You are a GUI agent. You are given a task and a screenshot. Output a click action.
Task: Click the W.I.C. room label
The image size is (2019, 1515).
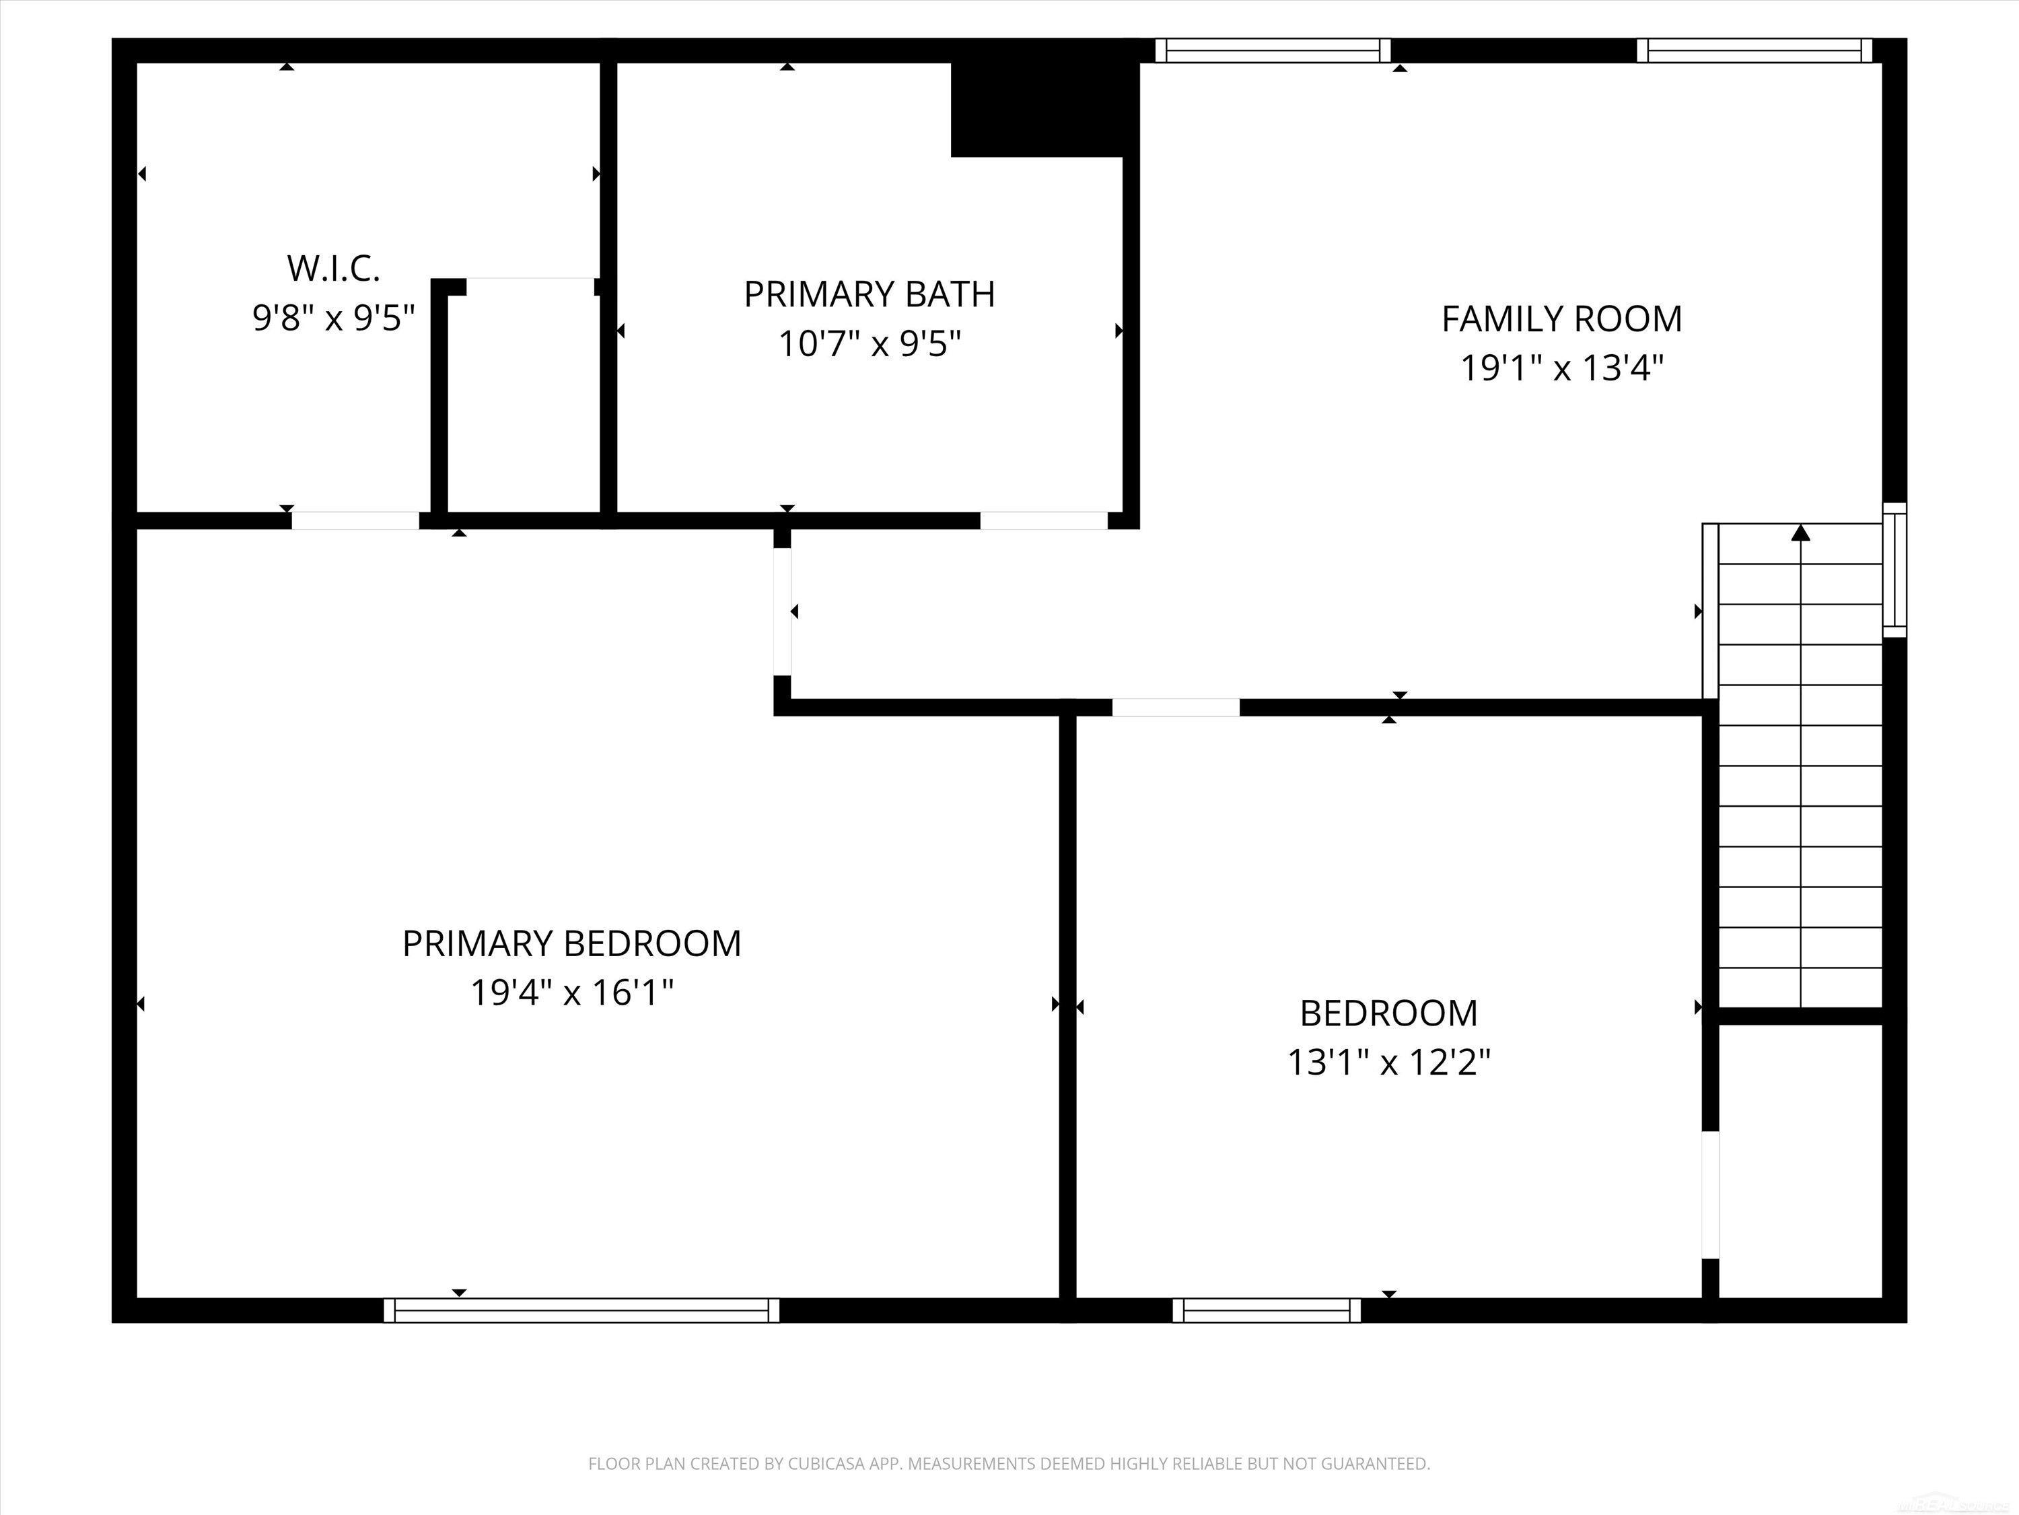click(x=333, y=269)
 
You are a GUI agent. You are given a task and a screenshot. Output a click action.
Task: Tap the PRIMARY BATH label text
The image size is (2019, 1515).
click(x=869, y=294)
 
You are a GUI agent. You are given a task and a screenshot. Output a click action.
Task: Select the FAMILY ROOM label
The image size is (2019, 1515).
click(x=1562, y=318)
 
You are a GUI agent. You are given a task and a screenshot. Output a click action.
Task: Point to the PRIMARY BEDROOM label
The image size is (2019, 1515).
click(x=571, y=943)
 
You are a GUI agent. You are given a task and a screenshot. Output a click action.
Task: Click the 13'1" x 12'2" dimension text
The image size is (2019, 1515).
click(x=1388, y=1062)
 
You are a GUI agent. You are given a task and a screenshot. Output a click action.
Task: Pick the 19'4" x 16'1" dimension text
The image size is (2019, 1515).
click(x=571, y=992)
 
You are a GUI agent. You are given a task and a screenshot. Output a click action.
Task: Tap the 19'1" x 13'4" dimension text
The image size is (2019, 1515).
click(x=1562, y=368)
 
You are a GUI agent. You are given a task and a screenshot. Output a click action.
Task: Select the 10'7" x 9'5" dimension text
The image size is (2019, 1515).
click(x=869, y=344)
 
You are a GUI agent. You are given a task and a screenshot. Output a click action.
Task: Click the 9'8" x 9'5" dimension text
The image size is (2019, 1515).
click(x=333, y=318)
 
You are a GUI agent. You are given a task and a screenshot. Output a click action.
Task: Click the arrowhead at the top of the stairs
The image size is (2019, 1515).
click(x=1800, y=533)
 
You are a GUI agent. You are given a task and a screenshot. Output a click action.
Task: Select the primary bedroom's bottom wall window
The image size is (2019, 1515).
click(x=581, y=1310)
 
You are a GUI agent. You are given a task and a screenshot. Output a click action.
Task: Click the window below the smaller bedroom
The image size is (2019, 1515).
click(x=1266, y=1310)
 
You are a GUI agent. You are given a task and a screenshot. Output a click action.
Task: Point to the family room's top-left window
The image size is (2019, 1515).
click(x=1273, y=50)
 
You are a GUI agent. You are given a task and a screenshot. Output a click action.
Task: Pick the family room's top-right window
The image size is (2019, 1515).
click(x=1753, y=50)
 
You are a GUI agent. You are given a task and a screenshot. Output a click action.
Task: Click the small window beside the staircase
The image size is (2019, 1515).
click(x=1895, y=570)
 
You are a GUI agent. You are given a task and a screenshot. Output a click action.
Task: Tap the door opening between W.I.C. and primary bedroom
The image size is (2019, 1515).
click(x=355, y=520)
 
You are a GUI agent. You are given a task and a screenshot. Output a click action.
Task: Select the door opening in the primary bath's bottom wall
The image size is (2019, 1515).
click(x=1044, y=520)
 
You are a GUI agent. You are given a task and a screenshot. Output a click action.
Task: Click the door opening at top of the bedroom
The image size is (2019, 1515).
click(x=1176, y=707)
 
